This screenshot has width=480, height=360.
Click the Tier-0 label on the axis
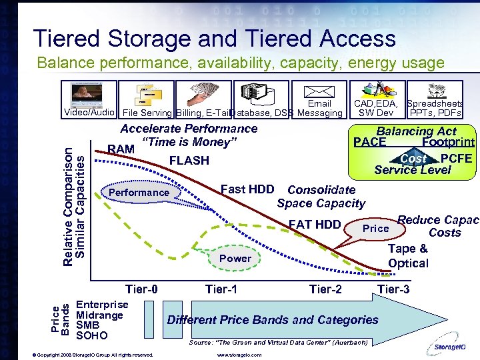point(142,289)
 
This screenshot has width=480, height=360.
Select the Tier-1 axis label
point(221,289)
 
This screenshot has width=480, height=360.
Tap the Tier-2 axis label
point(326,289)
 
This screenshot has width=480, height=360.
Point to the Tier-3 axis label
point(393,289)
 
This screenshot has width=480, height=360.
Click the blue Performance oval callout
point(139,193)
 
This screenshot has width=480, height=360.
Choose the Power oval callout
point(235,258)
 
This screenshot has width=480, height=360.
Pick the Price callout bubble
point(375,229)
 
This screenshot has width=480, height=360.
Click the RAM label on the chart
point(121,149)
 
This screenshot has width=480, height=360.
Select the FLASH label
point(189,161)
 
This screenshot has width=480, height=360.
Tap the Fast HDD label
point(247,189)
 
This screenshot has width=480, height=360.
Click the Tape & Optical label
point(408,256)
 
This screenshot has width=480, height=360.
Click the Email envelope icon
point(319,91)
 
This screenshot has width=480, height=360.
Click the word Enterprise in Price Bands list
point(102,305)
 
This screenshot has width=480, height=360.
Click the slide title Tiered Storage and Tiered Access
point(214,39)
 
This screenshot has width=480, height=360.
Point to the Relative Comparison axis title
point(74,196)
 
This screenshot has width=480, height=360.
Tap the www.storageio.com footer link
point(239,355)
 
